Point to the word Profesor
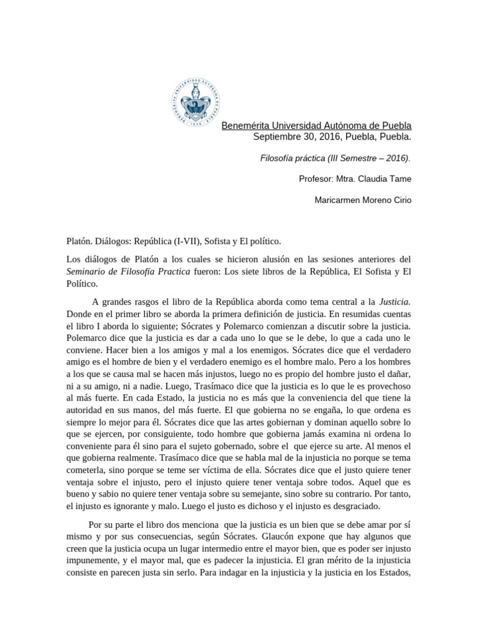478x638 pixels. coord(317,179)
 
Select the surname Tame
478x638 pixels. coord(402,179)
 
